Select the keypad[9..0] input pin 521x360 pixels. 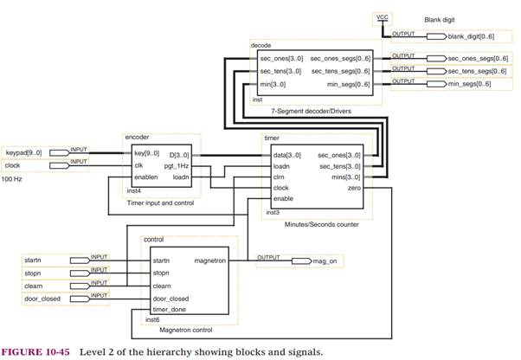[x=26, y=152]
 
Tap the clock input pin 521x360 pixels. [x=26, y=164]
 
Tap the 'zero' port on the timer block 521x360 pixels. [x=354, y=187]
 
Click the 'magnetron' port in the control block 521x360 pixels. [x=210, y=260]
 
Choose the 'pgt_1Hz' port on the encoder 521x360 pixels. [x=177, y=164]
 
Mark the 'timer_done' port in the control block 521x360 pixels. [x=170, y=309]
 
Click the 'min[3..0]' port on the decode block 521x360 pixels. [x=275, y=83]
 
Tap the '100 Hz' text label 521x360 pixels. [x=12, y=179]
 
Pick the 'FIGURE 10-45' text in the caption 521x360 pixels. [x=37, y=352]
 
